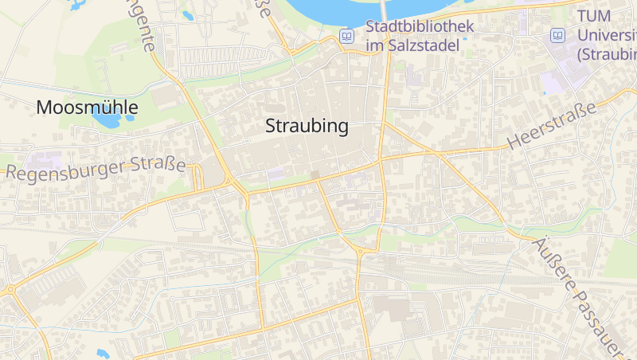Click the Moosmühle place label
click(88, 108)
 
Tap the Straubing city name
click(307, 126)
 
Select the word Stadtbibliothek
click(420, 26)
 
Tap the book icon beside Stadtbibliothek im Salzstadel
click(346, 36)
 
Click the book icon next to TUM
click(558, 36)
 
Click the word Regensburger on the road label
click(62, 170)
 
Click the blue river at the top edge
click(334, 10)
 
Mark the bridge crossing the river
click(385, 10)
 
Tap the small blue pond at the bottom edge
click(103, 353)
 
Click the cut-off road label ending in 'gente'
click(143, 24)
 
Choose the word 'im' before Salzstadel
click(374, 45)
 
